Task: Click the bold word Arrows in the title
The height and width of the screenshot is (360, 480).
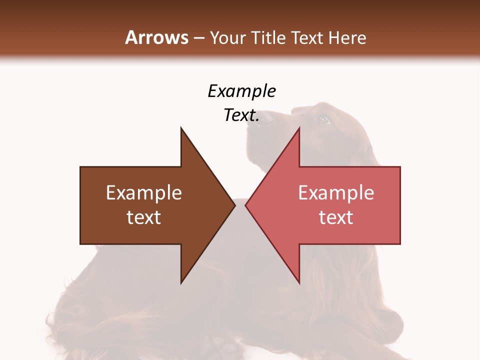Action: [x=156, y=37]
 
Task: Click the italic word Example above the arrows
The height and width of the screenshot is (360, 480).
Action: [x=241, y=91]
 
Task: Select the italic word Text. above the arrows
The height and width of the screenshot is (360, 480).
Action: [x=241, y=115]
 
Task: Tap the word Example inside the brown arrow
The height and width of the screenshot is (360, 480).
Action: [x=144, y=193]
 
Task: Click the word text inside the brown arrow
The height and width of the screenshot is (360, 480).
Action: [x=144, y=217]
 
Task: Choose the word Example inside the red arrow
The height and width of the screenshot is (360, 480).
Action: [x=336, y=193]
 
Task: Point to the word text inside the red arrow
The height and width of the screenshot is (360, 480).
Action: [x=336, y=217]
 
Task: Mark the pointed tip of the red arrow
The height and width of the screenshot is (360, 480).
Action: [x=246, y=205]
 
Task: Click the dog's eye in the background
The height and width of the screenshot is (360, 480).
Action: [x=323, y=119]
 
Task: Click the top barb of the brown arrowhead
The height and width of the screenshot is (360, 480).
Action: [x=181, y=129]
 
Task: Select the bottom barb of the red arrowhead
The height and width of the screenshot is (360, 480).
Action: [x=299, y=282]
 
